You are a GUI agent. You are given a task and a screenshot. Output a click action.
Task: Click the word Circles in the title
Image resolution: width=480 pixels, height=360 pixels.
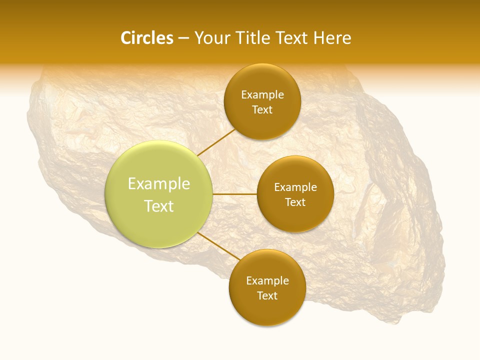pos(147,38)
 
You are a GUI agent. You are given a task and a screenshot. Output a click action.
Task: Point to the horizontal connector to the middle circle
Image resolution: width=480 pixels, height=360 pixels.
pos(235,194)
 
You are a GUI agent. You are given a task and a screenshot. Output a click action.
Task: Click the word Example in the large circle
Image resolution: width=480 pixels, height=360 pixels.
pos(159,184)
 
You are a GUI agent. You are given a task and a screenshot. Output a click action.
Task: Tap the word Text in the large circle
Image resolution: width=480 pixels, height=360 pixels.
pos(159,206)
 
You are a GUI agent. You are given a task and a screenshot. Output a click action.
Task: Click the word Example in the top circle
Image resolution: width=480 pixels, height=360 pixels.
pos(262,95)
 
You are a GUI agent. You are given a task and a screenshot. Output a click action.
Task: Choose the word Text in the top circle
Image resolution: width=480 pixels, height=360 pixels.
pos(262,110)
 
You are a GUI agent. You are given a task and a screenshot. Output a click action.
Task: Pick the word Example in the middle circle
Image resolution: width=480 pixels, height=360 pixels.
pos(295,187)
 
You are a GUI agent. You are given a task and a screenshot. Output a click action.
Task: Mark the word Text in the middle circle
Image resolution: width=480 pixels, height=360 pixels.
pos(295,202)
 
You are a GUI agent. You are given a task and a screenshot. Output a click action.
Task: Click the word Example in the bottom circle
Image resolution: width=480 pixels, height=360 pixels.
pos(267,281)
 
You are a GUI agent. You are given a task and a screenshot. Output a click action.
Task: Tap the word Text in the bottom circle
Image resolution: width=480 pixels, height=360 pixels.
pos(267,296)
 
